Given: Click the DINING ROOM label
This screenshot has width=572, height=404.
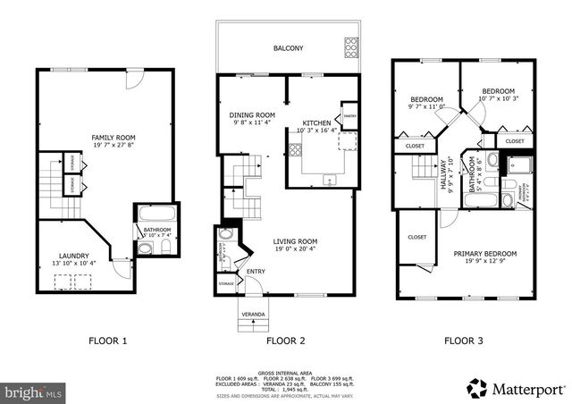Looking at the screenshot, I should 251,115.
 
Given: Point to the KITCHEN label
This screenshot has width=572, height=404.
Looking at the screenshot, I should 316,122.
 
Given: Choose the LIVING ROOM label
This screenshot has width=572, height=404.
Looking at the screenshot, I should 296,240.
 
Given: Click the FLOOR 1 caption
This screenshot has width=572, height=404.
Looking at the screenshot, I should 107,340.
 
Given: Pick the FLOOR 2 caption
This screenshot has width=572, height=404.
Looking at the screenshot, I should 286,340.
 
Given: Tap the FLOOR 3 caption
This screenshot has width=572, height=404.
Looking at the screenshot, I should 465,340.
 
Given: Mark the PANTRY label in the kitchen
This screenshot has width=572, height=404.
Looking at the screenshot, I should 349,115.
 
